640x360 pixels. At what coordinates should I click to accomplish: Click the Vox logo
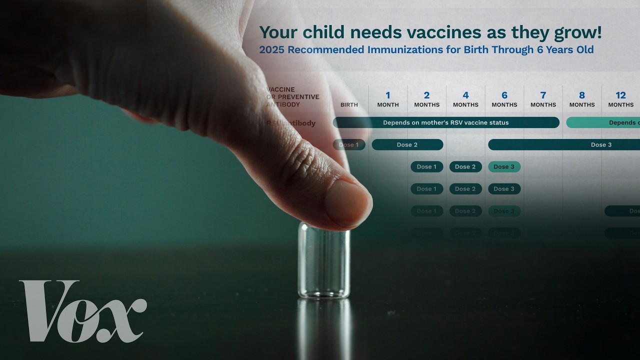coord(83,311)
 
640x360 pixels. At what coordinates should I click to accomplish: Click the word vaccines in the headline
coord(395,32)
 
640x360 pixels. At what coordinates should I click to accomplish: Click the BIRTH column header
coord(349,104)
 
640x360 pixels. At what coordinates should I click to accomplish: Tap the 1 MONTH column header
coord(388,99)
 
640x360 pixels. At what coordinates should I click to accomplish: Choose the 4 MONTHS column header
coord(465,99)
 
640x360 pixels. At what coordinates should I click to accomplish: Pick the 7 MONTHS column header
coord(543,99)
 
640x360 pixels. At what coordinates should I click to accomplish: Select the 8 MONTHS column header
coord(582,99)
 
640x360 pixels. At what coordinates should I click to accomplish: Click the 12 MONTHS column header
coord(620,99)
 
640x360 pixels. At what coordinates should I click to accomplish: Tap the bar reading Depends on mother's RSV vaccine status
coord(445,122)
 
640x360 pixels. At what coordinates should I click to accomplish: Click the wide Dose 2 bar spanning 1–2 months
coord(407,144)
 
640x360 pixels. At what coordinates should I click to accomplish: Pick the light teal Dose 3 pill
coord(504,166)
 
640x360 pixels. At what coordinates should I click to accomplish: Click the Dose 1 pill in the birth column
coord(349,144)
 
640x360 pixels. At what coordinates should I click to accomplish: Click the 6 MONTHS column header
coord(504,99)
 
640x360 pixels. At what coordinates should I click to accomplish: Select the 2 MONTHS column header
coord(426,99)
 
